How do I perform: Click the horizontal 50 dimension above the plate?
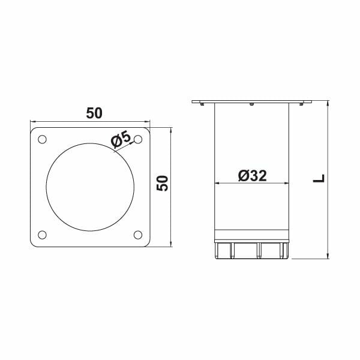click(95, 113)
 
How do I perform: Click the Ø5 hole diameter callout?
click(121, 140)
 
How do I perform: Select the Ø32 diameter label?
click(252, 175)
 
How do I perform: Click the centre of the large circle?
click(90, 187)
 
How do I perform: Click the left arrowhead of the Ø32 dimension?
click(218, 184)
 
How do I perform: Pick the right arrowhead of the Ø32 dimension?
click(287, 184)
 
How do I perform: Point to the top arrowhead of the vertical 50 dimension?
click(173, 130)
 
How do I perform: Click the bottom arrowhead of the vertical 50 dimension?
click(173, 244)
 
